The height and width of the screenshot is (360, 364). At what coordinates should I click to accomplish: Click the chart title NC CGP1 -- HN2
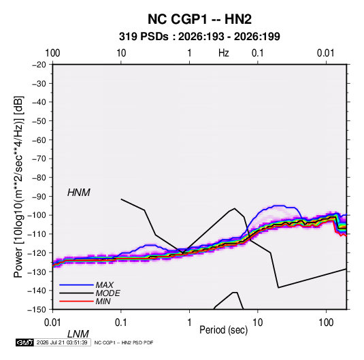coord(199,19)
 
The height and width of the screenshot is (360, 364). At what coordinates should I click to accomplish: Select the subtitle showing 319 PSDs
coord(199,37)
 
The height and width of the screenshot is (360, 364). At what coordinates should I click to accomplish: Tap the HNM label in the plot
coord(79,193)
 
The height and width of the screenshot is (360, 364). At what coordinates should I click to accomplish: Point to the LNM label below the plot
coord(78,334)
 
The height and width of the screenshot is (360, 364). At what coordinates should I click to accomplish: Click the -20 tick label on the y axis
coord(39,65)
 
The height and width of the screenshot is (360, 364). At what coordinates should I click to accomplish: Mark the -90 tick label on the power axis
coord(39,196)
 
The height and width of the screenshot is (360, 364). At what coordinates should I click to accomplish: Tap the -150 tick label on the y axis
coord(37,310)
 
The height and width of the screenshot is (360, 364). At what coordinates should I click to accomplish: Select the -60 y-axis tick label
coord(39,140)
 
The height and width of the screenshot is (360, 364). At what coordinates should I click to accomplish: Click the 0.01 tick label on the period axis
coord(52,323)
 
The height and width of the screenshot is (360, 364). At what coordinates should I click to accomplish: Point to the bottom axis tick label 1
coord(189,323)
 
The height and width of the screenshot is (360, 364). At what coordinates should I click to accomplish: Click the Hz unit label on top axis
coord(224,53)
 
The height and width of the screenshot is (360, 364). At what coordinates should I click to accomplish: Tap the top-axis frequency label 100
coord(52,53)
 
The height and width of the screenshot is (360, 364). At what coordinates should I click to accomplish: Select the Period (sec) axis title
coord(224,330)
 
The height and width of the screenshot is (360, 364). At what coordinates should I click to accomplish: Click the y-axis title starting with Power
coord(18,186)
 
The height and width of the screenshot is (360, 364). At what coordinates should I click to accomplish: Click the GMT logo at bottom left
coord(24,342)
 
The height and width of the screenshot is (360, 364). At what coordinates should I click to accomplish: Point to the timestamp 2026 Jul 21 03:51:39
coord(62,342)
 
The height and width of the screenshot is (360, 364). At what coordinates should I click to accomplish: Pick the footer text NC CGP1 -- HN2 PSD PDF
coord(124,342)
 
